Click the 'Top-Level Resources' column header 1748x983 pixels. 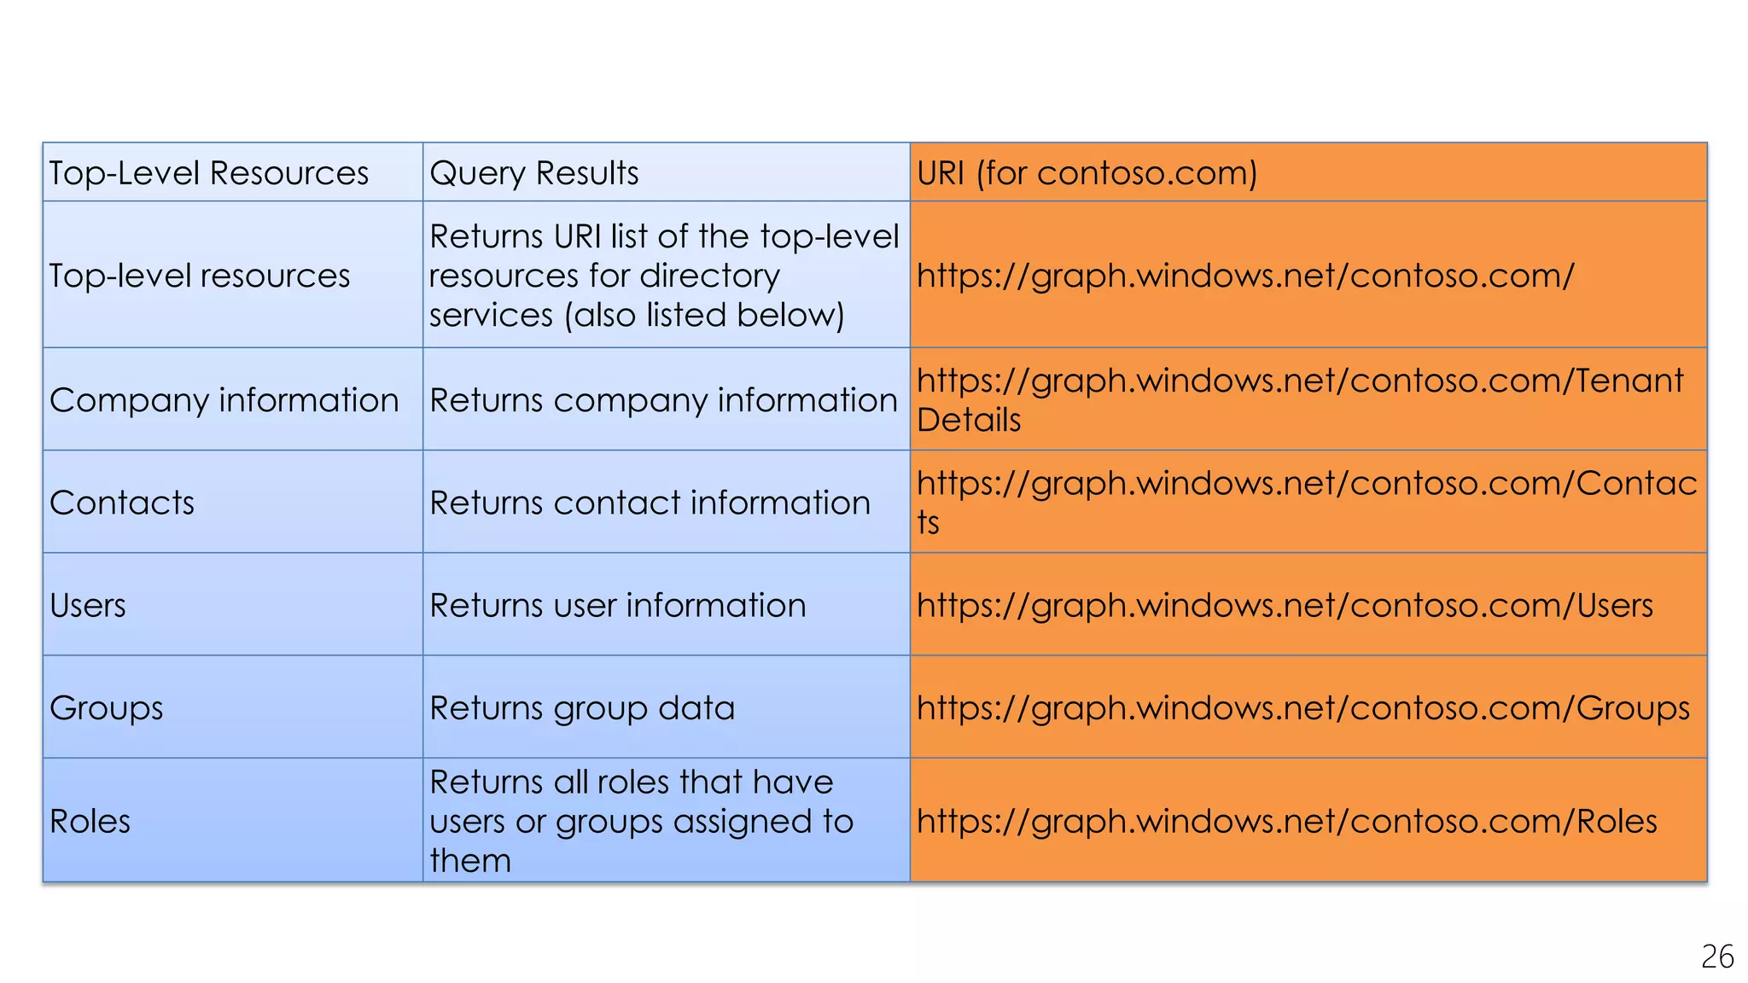209,173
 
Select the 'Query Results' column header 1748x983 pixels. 534,173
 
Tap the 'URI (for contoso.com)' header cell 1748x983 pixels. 1087,173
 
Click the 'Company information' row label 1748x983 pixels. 224,400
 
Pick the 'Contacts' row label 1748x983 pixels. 122,503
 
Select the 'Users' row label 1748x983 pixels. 88,605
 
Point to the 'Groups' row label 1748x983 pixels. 107,708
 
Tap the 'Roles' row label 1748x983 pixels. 90,821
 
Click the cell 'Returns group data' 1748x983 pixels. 582,708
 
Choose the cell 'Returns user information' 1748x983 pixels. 618,605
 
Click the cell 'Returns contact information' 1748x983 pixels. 650,503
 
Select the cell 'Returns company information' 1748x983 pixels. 663,400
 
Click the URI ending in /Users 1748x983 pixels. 1285,605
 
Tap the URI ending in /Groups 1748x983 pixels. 1302,708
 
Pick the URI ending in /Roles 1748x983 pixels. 1286,821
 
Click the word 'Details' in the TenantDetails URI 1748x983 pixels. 969,420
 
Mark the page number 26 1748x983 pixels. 1717,957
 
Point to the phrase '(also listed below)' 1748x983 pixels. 704,315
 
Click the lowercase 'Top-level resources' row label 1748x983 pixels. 200,276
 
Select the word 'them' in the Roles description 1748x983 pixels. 470,860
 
